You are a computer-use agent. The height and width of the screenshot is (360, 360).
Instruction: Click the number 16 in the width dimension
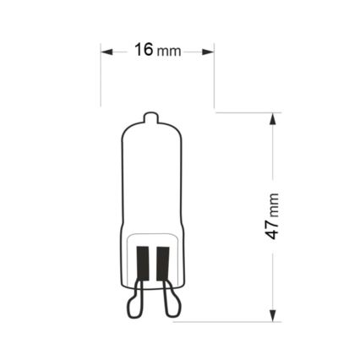pyautogui.click(x=144, y=50)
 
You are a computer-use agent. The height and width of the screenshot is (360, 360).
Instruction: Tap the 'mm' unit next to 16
pyautogui.click(x=169, y=52)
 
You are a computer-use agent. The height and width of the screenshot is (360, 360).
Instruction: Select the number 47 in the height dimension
pyautogui.click(x=273, y=229)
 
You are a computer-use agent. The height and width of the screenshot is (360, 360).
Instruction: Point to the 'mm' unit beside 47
pyautogui.click(x=274, y=203)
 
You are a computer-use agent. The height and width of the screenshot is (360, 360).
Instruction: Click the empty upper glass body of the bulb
pyautogui.click(x=151, y=177)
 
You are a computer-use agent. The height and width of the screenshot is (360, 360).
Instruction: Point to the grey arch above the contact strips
pyautogui.click(x=151, y=234)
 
